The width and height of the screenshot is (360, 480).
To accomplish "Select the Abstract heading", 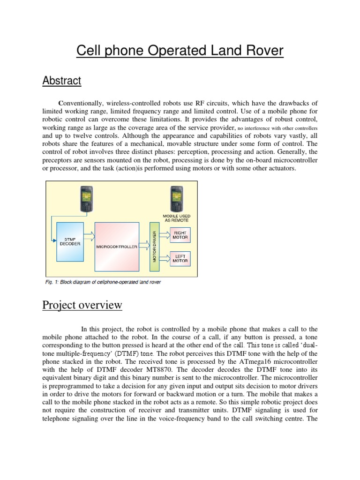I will coord(62,81).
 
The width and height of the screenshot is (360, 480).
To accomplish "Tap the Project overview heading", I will coord(82,305).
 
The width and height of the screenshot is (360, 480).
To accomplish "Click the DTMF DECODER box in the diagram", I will coord(70,241).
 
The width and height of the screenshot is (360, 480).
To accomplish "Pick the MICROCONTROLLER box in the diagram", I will coord(117,247).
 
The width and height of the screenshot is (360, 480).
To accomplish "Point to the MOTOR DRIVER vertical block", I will coord(154,247).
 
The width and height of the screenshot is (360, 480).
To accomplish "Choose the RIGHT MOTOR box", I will coord(180,235).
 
